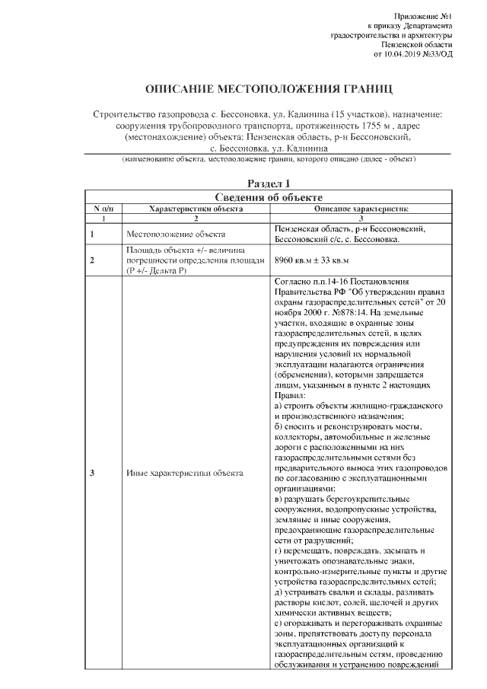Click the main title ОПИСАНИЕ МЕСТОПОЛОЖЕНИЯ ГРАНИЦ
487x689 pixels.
(269, 88)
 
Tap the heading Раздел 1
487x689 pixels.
(269, 183)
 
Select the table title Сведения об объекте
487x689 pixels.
(269, 196)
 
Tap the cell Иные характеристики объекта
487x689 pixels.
(184, 474)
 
